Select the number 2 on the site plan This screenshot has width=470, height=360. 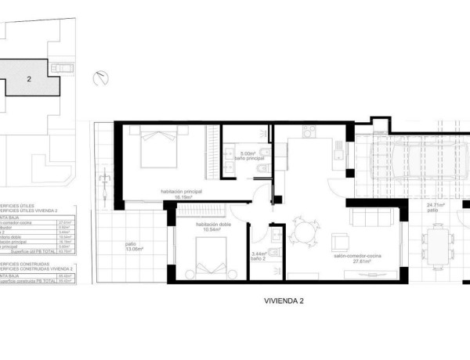(29, 79)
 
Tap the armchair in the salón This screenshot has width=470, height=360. (340, 239)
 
